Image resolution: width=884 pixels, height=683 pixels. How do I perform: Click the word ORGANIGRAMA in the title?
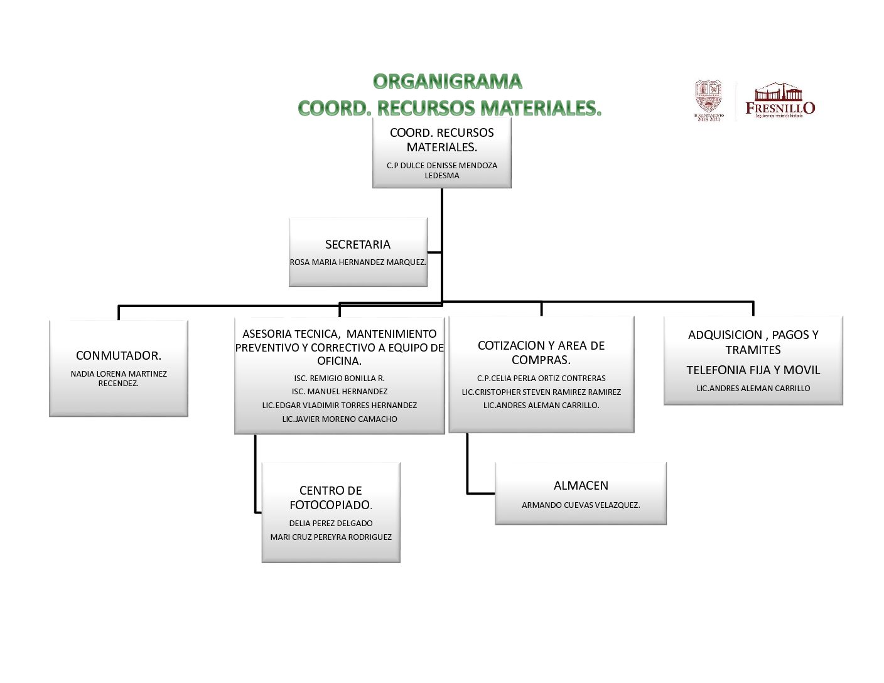pyautogui.click(x=447, y=81)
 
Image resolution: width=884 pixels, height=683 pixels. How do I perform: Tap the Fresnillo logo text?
pyautogui.click(x=780, y=107)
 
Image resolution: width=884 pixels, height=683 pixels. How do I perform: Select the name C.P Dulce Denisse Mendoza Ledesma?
pyautogui.click(x=441, y=170)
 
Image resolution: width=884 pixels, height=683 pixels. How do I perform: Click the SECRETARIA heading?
pyautogui.click(x=357, y=244)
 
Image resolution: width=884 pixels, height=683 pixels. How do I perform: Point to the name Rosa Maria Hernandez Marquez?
pyautogui.click(x=357, y=262)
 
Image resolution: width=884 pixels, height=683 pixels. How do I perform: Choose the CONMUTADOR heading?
pyautogui.click(x=118, y=355)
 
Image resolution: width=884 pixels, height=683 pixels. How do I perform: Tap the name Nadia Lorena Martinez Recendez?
pyautogui.click(x=118, y=378)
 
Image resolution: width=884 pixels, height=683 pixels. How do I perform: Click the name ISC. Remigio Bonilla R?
pyautogui.click(x=339, y=378)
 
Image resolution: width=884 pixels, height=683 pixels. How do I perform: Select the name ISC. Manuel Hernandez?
pyautogui.click(x=339, y=391)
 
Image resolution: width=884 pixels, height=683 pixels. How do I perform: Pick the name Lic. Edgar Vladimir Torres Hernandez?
pyautogui.click(x=339, y=405)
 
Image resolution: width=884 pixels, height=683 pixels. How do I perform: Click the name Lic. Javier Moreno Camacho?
pyautogui.click(x=339, y=419)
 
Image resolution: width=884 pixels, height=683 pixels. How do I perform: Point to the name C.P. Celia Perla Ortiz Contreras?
pyautogui.click(x=541, y=378)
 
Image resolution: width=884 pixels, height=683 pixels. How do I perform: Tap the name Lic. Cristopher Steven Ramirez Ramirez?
pyautogui.click(x=541, y=392)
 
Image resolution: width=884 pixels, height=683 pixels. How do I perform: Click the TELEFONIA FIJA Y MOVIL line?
pyautogui.click(x=753, y=370)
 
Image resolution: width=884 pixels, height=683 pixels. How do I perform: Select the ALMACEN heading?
pyautogui.click(x=581, y=485)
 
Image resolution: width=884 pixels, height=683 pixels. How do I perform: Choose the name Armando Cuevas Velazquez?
pyautogui.click(x=581, y=505)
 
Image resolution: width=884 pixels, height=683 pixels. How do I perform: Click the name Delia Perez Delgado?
pyautogui.click(x=331, y=523)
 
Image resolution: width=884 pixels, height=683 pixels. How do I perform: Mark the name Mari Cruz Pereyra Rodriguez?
pyautogui.click(x=331, y=537)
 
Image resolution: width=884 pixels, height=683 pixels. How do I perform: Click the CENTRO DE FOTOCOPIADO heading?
pyautogui.click(x=331, y=497)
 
